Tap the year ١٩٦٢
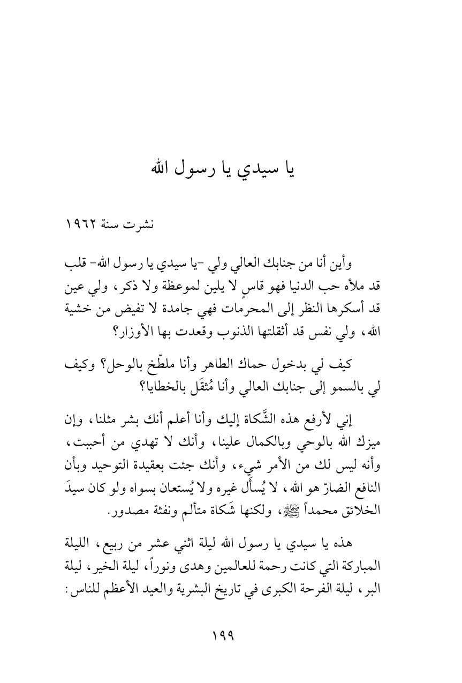(80, 222)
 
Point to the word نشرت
(139, 222)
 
